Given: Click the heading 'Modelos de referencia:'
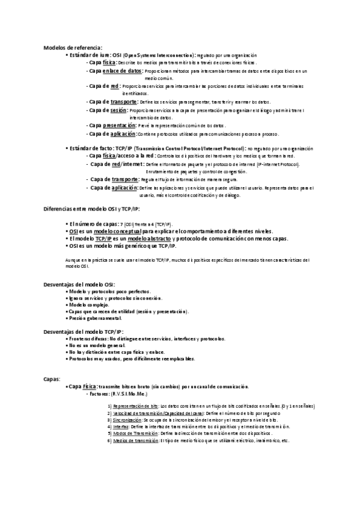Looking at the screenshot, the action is point(73,48).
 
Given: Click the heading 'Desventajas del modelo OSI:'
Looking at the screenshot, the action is point(79,284).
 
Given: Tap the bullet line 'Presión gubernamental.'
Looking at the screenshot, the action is point(96,318).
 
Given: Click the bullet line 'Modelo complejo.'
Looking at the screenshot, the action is point(89,304).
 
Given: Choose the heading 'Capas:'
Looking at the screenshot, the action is point(52,379).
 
